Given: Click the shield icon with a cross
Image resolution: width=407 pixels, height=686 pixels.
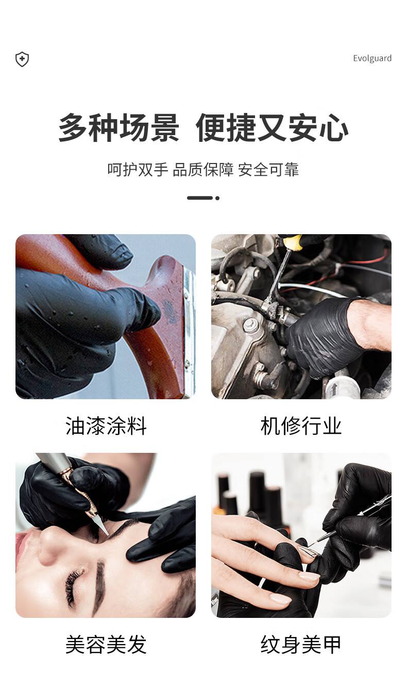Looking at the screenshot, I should (x=22, y=59).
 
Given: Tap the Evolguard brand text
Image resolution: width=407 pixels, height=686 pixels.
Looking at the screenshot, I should (x=372, y=58).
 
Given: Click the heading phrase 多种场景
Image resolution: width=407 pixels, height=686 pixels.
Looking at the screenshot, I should (x=118, y=127).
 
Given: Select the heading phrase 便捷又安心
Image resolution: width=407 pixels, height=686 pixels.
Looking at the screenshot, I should (x=272, y=127).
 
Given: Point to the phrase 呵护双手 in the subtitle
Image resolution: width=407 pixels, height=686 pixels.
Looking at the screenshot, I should (x=138, y=170).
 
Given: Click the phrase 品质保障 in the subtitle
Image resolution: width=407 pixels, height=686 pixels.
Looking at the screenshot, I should (x=203, y=170).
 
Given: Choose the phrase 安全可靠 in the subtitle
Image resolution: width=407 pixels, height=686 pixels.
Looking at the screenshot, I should (x=268, y=170).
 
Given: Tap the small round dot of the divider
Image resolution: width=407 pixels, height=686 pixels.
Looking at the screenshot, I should (x=217, y=198).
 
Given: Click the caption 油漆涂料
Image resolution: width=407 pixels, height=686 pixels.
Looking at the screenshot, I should (x=106, y=427).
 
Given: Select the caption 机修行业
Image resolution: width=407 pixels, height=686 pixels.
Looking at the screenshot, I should (x=301, y=427).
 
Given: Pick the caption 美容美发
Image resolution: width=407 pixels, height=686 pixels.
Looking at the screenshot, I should (x=106, y=645).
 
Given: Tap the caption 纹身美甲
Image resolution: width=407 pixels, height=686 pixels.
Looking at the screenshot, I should (x=301, y=645).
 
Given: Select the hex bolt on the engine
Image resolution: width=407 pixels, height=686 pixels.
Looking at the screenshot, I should (x=251, y=324).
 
